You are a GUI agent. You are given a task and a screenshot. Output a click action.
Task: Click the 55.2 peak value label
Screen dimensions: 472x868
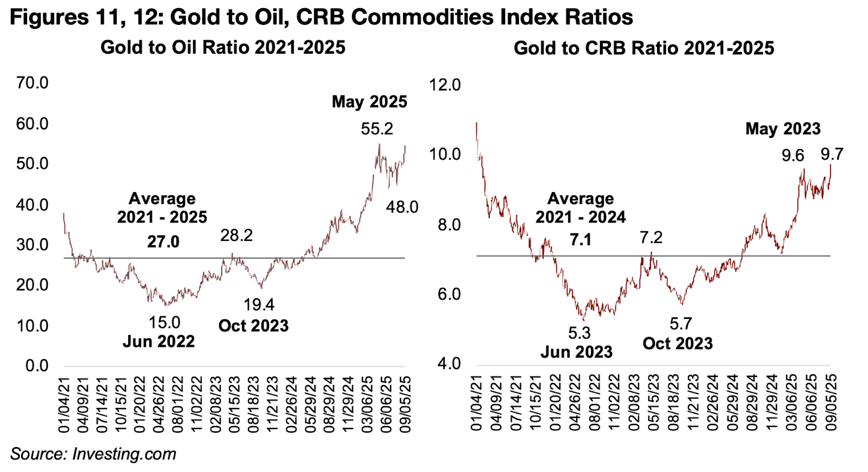pyautogui.click(x=377, y=129)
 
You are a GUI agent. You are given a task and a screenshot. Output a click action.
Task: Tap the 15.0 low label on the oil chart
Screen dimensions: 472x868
pyautogui.click(x=164, y=323)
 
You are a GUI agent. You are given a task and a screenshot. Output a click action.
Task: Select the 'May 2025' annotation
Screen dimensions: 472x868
pyautogui.click(x=369, y=102)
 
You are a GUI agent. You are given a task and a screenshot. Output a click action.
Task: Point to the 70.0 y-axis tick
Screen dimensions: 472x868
pyautogui.click(x=32, y=83)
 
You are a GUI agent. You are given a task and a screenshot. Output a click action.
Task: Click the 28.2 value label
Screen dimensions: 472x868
pyautogui.click(x=237, y=235)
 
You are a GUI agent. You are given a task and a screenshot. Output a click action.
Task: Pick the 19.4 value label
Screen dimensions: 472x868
pyautogui.click(x=259, y=305)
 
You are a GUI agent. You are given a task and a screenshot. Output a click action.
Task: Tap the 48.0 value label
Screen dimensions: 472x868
pyautogui.click(x=402, y=207)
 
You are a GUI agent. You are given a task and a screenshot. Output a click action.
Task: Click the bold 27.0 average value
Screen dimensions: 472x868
pyautogui.click(x=163, y=241)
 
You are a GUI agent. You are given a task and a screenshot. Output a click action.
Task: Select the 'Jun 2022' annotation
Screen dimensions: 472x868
pyautogui.click(x=158, y=341)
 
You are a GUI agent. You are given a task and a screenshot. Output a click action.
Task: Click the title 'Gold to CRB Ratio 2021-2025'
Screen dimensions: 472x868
pyautogui.click(x=644, y=48)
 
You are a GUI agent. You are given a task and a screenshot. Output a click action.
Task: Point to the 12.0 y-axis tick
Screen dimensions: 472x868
pyautogui.click(x=445, y=85)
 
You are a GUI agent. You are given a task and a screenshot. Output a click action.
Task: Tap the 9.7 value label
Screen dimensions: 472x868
pyautogui.click(x=832, y=155)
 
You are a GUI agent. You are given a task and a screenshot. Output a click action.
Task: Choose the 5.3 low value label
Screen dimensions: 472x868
pyautogui.click(x=579, y=333)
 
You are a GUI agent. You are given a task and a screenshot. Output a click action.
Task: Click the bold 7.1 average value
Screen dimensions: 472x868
pyautogui.click(x=580, y=239)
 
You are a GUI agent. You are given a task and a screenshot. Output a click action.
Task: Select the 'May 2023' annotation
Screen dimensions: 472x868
pyautogui.click(x=783, y=129)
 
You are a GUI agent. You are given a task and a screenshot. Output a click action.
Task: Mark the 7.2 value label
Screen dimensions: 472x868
pyautogui.click(x=651, y=238)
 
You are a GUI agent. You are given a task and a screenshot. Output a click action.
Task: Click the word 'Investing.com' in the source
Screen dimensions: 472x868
pyautogui.click(x=124, y=454)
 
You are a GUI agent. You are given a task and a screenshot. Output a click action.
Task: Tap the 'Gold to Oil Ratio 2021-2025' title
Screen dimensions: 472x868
pyautogui.click(x=223, y=48)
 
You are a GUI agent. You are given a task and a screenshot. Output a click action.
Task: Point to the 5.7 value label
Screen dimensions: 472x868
pyautogui.click(x=681, y=324)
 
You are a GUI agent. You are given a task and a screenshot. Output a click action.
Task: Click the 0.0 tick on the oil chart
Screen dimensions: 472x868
pyautogui.click(x=37, y=366)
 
